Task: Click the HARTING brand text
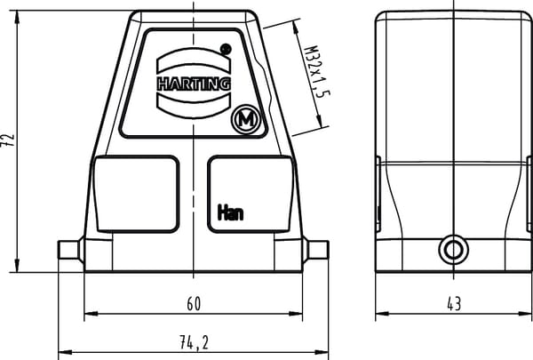(x=194, y=84)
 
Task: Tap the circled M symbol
(x=246, y=120)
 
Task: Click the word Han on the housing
(x=230, y=212)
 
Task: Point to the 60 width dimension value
(x=194, y=304)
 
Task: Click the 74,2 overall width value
(x=194, y=342)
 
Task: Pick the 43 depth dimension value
(x=454, y=304)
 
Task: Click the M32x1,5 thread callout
(x=315, y=71)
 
